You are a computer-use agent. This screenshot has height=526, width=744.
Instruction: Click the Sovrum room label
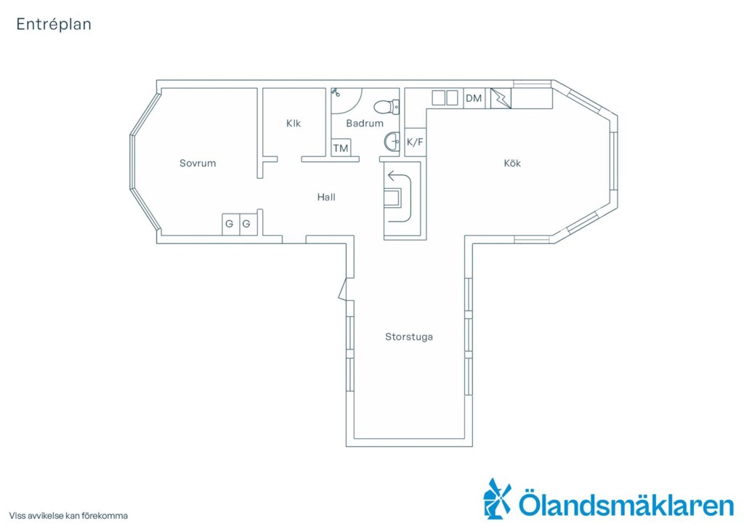click(198, 163)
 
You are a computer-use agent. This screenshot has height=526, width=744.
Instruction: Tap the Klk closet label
click(294, 124)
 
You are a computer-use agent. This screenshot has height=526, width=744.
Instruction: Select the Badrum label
click(365, 124)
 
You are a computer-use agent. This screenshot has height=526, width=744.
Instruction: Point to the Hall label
click(326, 197)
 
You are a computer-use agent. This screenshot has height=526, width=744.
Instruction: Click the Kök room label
click(512, 163)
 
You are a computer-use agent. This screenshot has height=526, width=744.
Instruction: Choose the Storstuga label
click(408, 337)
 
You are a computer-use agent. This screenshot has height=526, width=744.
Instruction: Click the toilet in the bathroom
click(387, 107)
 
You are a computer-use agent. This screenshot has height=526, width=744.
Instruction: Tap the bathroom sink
click(392, 141)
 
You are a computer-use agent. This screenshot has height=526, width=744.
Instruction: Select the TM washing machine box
click(341, 148)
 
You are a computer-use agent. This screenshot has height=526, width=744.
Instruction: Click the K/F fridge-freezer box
click(415, 142)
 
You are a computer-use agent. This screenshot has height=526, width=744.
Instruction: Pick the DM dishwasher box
click(474, 98)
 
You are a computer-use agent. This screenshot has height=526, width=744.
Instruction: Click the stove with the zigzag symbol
click(501, 98)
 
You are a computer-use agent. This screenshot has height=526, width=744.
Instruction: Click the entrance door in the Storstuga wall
click(344, 289)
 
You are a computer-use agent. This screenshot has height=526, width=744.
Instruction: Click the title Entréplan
click(54, 24)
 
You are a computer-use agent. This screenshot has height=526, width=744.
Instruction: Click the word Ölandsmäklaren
click(626, 505)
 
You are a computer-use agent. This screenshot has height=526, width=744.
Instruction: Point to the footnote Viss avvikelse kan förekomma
click(68, 516)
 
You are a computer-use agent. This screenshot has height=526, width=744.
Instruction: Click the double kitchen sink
click(445, 97)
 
